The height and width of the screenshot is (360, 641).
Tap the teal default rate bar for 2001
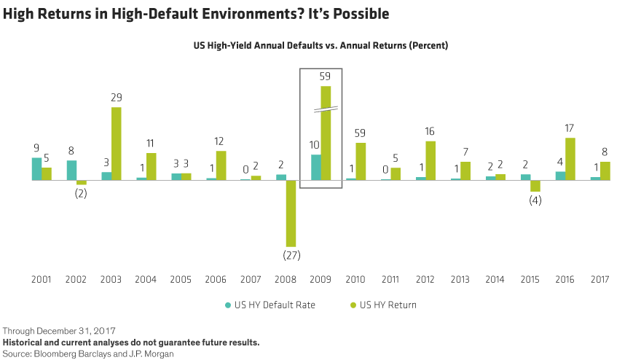pyautogui.click(x=36, y=168)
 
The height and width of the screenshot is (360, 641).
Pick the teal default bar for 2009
pyautogui.click(x=315, y=167)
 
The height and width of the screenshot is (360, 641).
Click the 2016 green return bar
pyautogui.click(x=570, y=158)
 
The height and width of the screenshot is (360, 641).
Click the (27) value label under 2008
pyautogui.click(x=291, y=256)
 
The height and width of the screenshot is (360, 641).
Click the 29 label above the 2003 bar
pyautogui.click(x=117, y=98)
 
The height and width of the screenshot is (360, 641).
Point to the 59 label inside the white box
pyautogui.click(x=326, y=76)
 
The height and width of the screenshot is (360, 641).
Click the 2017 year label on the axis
pyautogui.click(x=599, y=279)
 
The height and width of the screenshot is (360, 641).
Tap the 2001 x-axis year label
pyautogui.click(x=41, y=279)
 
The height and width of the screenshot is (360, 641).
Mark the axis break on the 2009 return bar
pyautogui.click(x=326, y=109)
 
